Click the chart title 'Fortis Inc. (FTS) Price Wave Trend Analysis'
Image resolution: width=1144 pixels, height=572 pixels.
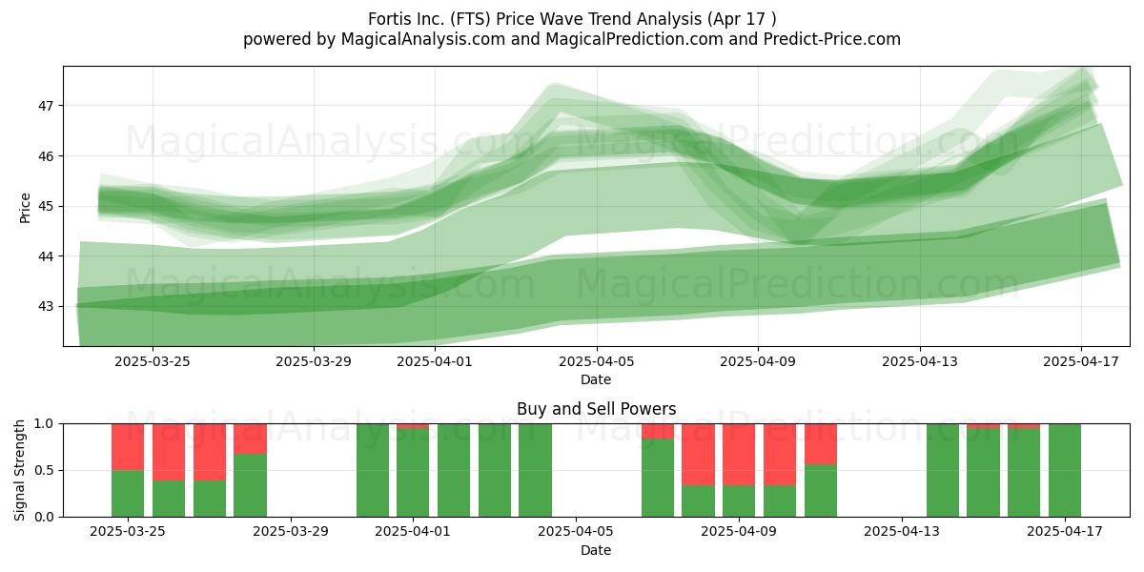(x=535, y=19)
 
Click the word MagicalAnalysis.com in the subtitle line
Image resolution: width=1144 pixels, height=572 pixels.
(x=423, y=39)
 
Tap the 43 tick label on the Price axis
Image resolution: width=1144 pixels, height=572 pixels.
(x=46, y=306)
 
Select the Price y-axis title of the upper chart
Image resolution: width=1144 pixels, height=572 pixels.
(x=25, y=208)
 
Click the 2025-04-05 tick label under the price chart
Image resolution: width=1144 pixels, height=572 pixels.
(x=596, y=361)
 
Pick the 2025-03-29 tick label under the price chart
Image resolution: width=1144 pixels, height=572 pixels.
(x=314, y=361)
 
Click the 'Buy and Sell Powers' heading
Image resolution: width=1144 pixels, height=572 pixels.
(x=596, y=409)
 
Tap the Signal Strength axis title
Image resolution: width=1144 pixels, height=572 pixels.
(x=19, y=470)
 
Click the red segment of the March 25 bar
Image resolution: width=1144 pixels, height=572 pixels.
(x=128, y=447)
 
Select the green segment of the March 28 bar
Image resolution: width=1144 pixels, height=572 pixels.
(x=250, y=485)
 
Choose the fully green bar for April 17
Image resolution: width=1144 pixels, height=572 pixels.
(x=1065, y=470)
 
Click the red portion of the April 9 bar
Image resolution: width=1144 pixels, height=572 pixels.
(x=739, y=455)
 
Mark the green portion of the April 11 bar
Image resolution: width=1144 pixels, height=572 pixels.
(x=821, y=491)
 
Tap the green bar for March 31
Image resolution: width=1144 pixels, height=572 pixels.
(x=373, y=470)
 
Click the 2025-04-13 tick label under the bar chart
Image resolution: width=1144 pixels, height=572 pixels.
(x=902, y=532)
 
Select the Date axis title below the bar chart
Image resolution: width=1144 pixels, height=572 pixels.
(x=596, y=550)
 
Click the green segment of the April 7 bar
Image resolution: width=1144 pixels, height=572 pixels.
(x=658, y=478)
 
